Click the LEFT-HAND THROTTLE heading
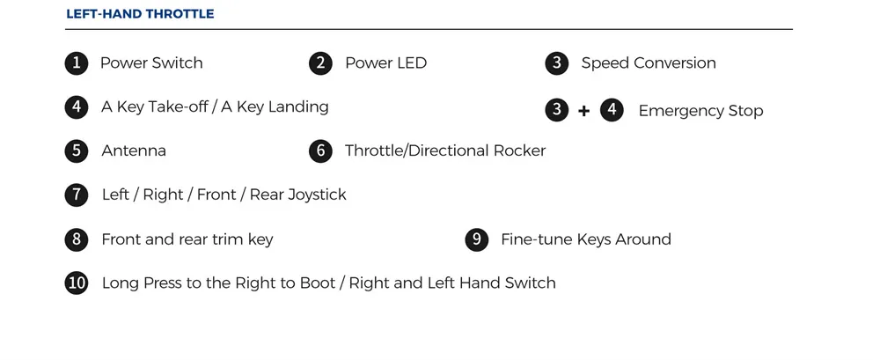point(140,13)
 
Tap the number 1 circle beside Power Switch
point(77,62)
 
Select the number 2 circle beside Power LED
point(320,62)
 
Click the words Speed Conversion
point(649,62)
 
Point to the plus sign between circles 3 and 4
point(583,111)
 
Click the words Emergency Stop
point(700,111)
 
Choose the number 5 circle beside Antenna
point(77,151)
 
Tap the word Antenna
point(134,151)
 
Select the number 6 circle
point(320,151)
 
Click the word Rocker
point(519,151)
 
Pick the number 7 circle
point(77,195)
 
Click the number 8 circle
point(77,239)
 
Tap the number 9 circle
point(476,239)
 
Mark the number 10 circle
point(77,283)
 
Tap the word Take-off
point(178,107)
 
